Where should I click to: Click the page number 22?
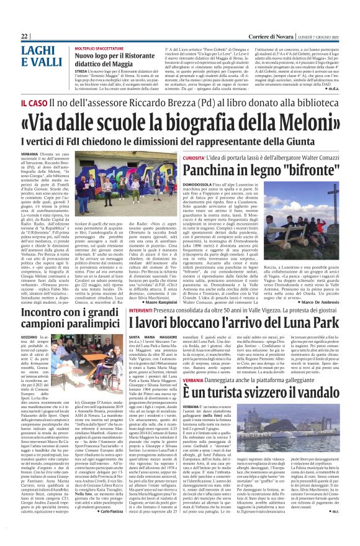pos(24,36)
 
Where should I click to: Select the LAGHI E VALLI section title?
pos(40,57)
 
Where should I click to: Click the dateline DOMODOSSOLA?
pos(202,184)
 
